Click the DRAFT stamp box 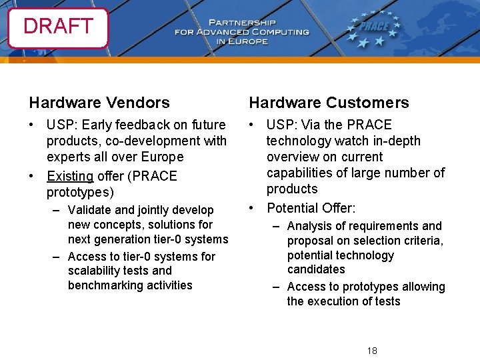click(x=58, y=27)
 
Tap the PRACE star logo click(x=373, y=29)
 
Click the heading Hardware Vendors click(x=99, y=103)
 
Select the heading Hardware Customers click(x=329, y=103)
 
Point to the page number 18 click(x=372, y=351)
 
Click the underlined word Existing click(x=70, y=177)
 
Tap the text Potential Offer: click(x=311, y=207)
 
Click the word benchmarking click(x=101, y=285)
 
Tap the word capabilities click(x=300, y=173)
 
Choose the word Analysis click(x=309, y=226)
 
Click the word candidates click(x=316, y=269)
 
